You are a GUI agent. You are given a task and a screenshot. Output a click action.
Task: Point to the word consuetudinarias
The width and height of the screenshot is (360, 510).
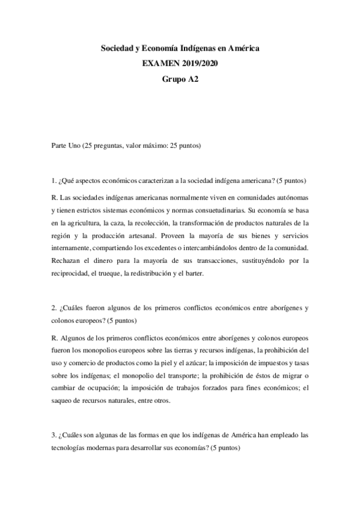(215, 211)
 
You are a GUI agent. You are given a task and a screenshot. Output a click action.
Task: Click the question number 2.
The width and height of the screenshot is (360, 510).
(53, 308)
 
